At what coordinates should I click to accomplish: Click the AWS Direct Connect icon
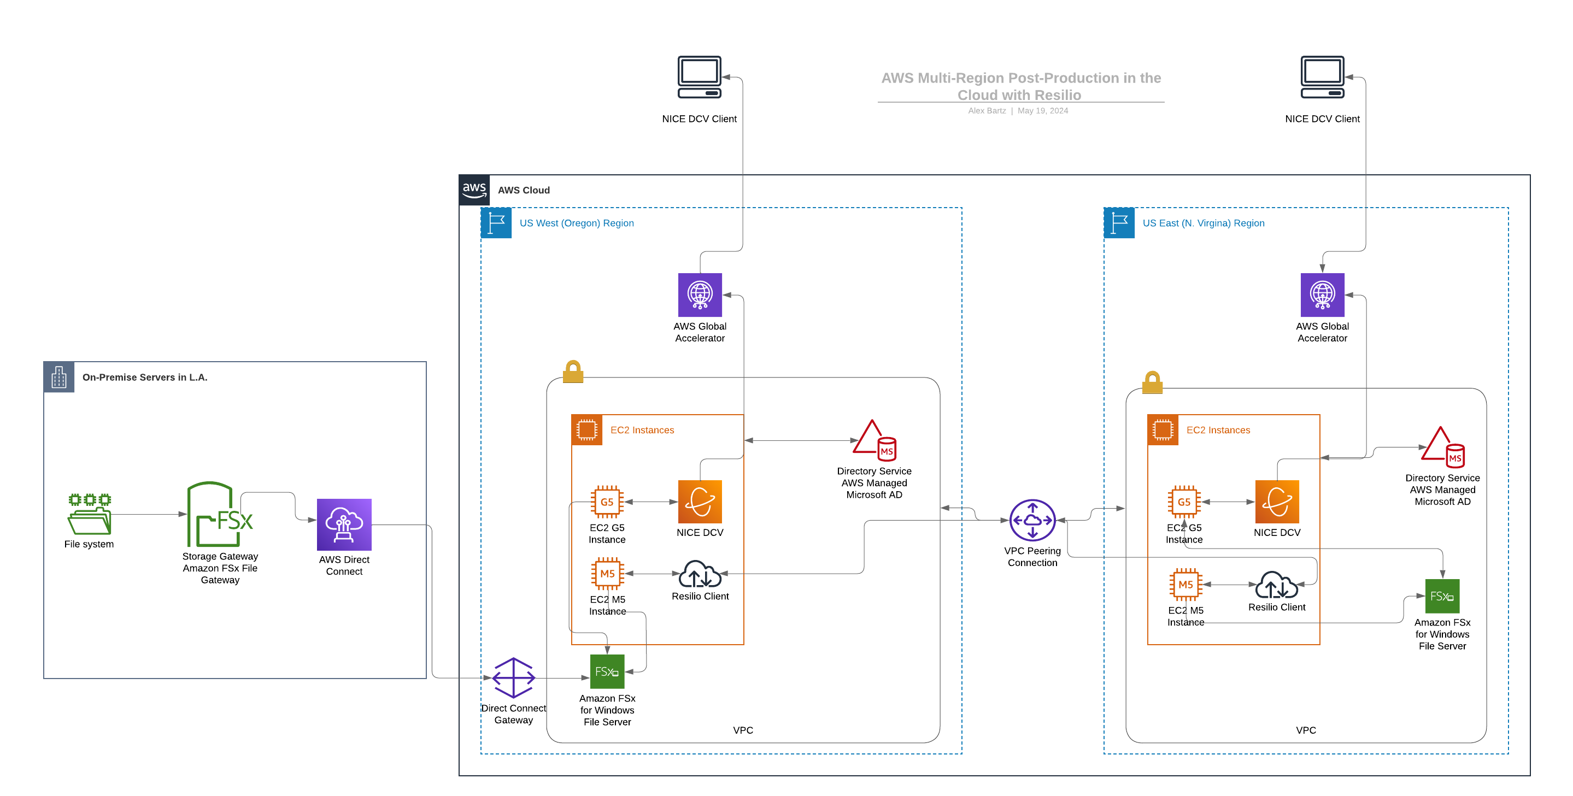(x=344, y=524)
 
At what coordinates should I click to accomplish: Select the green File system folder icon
(x=89, y=514)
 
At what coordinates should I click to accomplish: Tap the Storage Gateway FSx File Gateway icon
(x=219, y=515)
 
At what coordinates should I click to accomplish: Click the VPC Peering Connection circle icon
(x=1032, y=520)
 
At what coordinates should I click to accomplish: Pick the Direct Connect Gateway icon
(x=514, y=677)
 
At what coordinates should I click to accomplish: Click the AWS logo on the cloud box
(x=474, y=190)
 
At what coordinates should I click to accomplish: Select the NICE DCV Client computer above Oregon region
(x=699, y=78)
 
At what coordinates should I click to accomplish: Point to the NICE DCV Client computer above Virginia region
(x=1322, y=78)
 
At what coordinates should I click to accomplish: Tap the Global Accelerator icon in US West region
(x=700, y=295)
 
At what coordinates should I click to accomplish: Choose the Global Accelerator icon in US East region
(x=1322, y=295)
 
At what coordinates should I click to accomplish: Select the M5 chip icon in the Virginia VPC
(x=1185, y=585)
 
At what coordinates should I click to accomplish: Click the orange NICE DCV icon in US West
(x=700, y=502)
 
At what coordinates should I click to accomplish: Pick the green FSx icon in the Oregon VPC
(x=607, y=671)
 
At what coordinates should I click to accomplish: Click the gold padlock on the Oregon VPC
(x=573, y=372)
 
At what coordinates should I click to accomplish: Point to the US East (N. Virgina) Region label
(x=1203, y=223)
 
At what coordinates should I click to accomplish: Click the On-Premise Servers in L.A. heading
(x=145, y=378)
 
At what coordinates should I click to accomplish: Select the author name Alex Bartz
(x=987, y=110)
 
